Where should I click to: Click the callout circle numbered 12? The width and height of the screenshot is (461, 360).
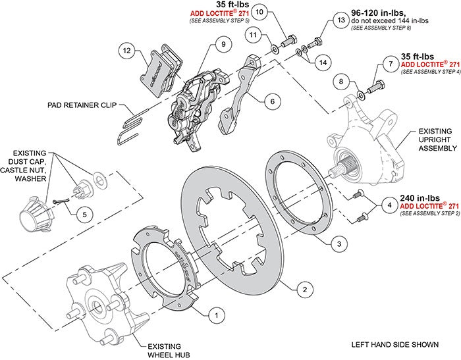(x=128, y=49)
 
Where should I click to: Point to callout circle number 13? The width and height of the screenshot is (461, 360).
(x=340, y=21)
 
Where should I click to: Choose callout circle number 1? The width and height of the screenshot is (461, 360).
(x=213, y=315)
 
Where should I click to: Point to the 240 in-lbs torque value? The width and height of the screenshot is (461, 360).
(x=420, y=196)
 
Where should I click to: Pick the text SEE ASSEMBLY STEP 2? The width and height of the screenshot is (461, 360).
(x=426, y=213)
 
